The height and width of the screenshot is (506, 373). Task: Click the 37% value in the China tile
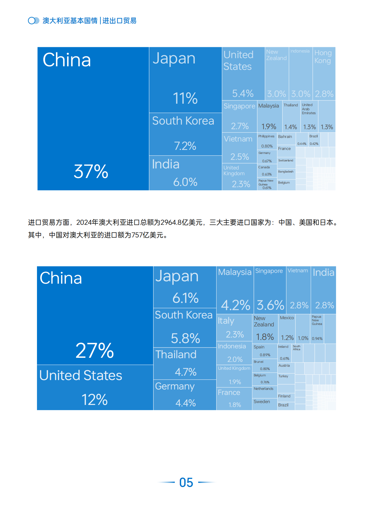91,171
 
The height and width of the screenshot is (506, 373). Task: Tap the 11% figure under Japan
185,98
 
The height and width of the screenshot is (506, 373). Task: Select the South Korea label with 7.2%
183,121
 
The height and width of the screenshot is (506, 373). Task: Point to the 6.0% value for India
185,182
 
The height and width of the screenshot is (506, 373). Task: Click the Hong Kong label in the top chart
323,57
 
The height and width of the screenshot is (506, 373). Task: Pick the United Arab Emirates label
309,109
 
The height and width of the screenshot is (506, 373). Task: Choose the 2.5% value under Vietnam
240,157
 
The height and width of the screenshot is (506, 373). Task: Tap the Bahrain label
285,136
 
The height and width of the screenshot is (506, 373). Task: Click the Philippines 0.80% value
267,146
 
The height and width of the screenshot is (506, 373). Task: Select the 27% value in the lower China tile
95,351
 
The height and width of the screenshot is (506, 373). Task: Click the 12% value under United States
94,400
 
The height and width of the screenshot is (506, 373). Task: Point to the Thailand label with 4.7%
176,354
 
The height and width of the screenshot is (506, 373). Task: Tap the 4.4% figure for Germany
186,403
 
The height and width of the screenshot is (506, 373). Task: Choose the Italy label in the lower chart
226,321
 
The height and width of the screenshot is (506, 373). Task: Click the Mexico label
287,318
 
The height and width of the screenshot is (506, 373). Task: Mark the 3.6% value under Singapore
270,305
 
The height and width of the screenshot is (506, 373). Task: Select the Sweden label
262,402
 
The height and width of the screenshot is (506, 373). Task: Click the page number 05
186,482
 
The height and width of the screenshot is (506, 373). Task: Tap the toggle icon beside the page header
33,20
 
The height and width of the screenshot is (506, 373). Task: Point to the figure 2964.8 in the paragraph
171,222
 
